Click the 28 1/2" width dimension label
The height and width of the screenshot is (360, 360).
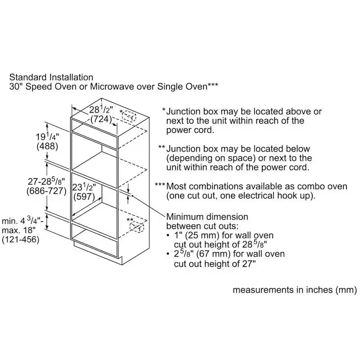[101, 110]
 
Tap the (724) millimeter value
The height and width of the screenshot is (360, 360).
[101, 119]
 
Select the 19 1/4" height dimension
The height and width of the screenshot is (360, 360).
[48, 137]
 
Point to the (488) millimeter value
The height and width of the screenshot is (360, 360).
[47, 147]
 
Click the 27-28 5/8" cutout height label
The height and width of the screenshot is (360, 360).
[46, 181]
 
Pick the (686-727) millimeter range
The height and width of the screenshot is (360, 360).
[46, 191]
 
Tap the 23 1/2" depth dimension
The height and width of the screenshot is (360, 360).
[84, 187]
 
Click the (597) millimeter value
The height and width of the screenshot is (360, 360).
[84, 197]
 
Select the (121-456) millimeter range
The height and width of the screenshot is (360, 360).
[20, 239]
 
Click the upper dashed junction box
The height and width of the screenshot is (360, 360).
[129, 116]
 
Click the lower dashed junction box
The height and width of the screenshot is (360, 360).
[137, 227]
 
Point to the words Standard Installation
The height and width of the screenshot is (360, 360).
[51, 77]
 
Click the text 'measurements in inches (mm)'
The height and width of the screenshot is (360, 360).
[295, 290]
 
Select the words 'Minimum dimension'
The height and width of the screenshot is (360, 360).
[207, 217]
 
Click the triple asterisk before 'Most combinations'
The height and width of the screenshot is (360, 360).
[160, 184]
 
